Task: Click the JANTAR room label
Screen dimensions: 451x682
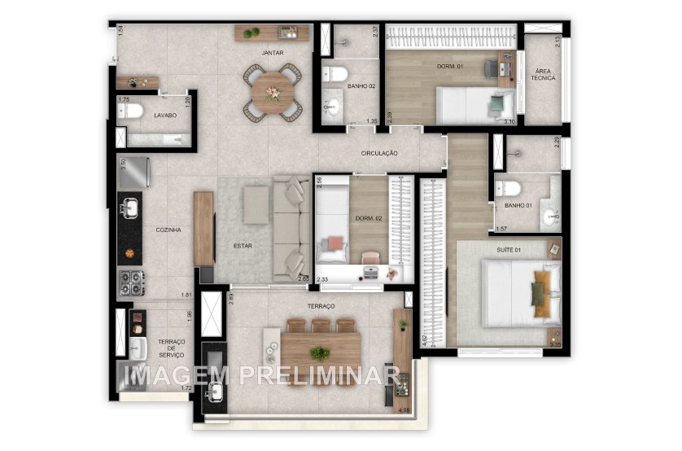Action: point(272,53)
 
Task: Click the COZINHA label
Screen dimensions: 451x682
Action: point(168,230)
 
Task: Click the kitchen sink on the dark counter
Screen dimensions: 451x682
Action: point(130,209)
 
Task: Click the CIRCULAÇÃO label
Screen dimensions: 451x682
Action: point(379,153)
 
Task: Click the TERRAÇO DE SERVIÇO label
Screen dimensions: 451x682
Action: point(171,348)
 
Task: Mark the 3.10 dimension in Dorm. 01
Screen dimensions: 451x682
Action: point(509,121)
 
